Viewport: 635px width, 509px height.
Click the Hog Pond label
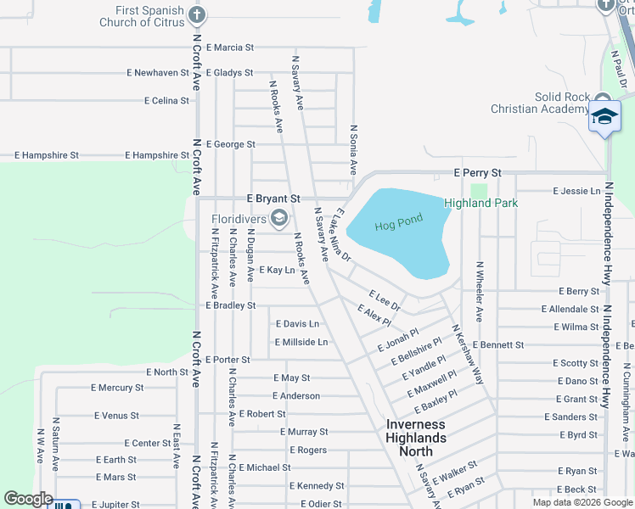[398, 225]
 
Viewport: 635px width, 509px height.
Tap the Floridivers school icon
[278, 220]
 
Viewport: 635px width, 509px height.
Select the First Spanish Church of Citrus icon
[197, 14]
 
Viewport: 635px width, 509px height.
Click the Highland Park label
[480, 203]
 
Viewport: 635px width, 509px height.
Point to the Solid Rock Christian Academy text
[538, 103]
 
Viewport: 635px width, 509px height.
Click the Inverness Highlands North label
[416, 438]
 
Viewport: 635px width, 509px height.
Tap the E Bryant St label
[273, 198]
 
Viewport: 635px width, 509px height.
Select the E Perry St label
[477, 172]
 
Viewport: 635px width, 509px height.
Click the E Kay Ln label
[277, 270]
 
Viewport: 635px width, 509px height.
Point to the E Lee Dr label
[385, 299]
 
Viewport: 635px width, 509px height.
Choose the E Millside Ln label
[301, 342]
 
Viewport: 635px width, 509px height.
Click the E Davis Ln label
[297, 324]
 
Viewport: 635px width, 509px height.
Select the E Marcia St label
[229, 48]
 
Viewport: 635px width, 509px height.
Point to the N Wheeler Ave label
[480, 291]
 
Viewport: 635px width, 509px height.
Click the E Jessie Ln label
[576, 191]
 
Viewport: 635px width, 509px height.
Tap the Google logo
[28, 499]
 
